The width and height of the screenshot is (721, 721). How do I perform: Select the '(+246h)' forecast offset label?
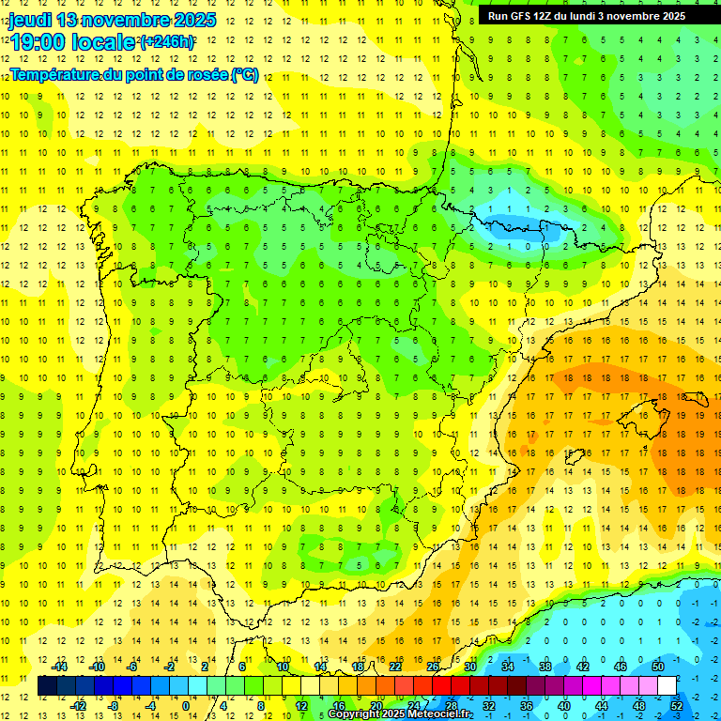click(x=167, y=42)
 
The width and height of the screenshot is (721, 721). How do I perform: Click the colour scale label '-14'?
click(x=58, y=667)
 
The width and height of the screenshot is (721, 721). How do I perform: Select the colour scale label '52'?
click(x=677, y=705)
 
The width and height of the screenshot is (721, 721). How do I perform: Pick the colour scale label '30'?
click(x=470, y=667)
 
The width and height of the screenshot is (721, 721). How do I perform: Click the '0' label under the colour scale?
click(x=186, y=705)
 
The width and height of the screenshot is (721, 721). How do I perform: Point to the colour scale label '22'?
click(x=395, y=667)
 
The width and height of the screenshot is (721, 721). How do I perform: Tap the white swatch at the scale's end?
click(x=667, y=686)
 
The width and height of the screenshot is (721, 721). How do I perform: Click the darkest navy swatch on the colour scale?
click(x=47, y=686)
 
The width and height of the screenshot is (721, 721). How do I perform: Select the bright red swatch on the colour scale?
click(x=441, y=686)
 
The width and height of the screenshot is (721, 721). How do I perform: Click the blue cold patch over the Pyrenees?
click(x=512, y=227)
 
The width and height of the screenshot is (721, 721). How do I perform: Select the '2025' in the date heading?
click(x=194, y=20)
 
